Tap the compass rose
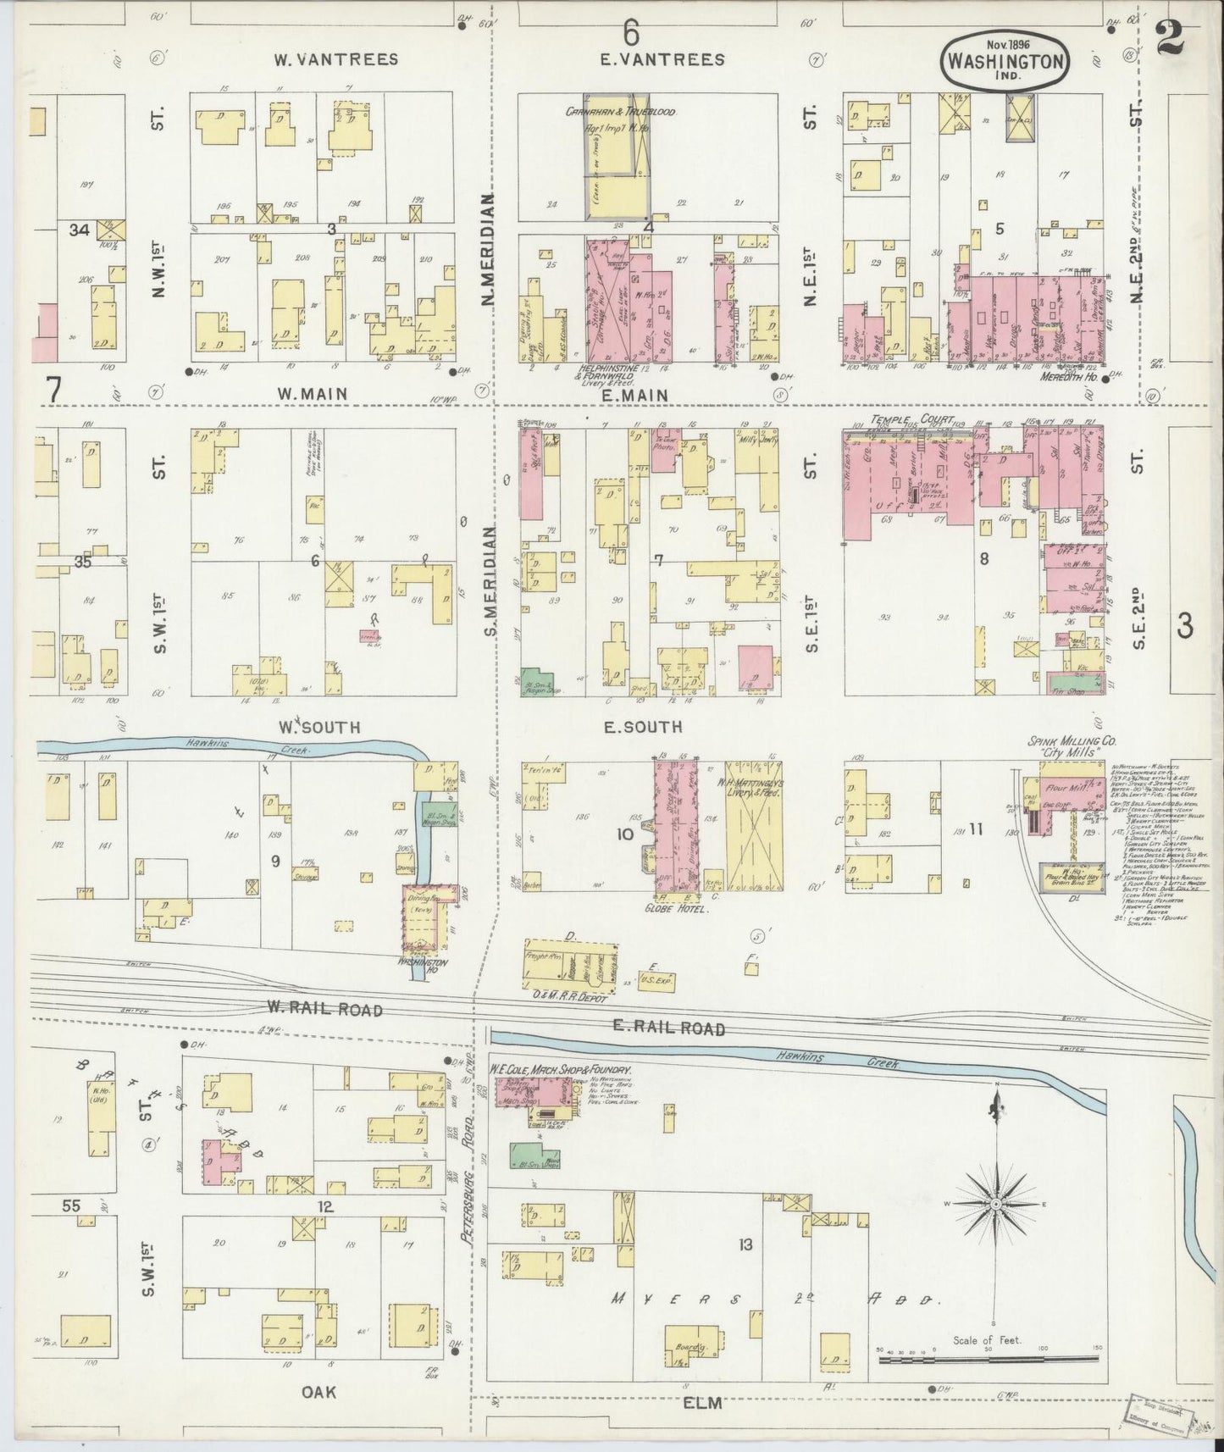[997, 1203]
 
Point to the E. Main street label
[636, 395]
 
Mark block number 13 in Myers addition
[745, 1244]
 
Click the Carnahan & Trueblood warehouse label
[620, 111]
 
